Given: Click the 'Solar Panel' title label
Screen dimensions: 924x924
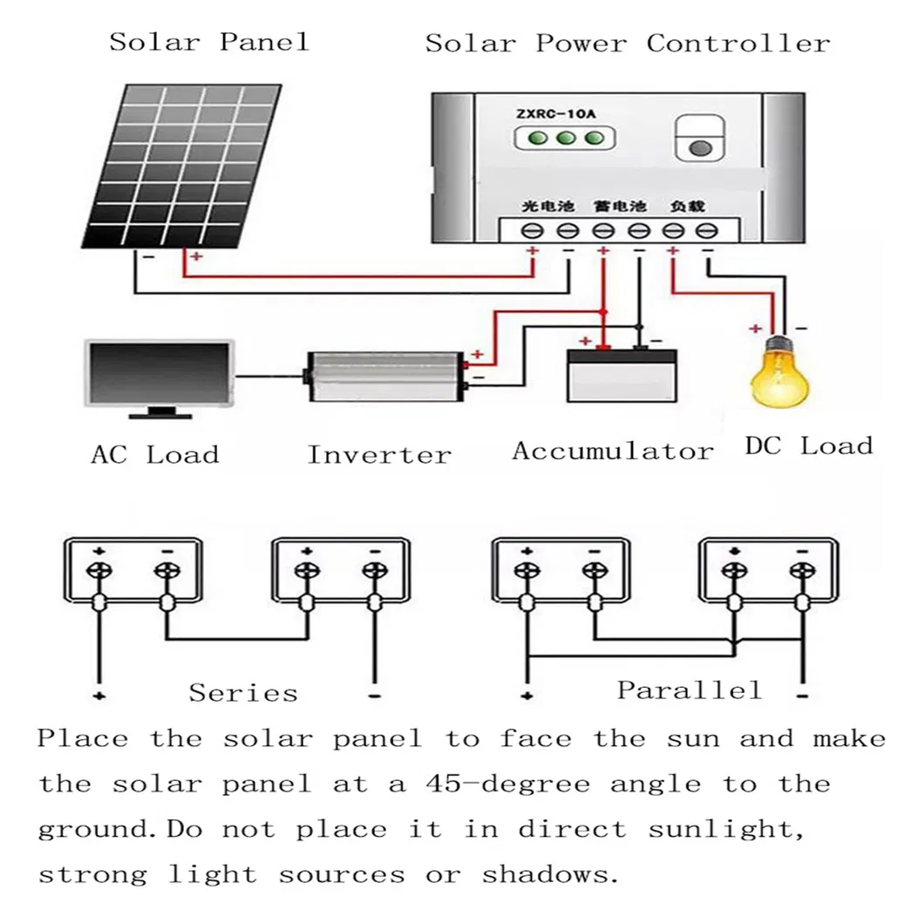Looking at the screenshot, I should click(x=209, y=41).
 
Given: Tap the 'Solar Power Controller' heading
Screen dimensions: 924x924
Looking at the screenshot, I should click(x=628, y=44).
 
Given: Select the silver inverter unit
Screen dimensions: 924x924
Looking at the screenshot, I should click(x=384, y=377).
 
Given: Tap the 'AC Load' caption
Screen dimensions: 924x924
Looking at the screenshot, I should click(x=154, y=454).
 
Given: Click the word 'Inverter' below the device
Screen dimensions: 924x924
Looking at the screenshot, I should click(x=379, y=454).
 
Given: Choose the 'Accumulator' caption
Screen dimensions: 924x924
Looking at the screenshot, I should click(x=612, y=452).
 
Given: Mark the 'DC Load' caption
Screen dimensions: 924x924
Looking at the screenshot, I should click(x=809, y=446).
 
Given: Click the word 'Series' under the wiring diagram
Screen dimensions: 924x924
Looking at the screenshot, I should click(x=243, y=693).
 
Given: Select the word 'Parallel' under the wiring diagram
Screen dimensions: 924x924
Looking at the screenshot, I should click(x=689, y=690).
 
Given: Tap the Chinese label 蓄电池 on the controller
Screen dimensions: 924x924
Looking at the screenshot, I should click(x=618, y=207).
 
